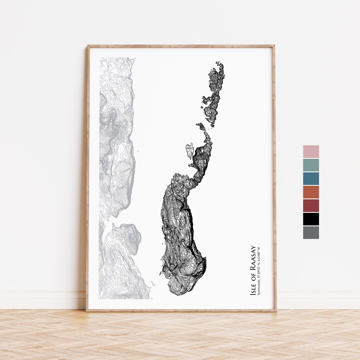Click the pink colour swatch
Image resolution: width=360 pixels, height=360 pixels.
(311, 152)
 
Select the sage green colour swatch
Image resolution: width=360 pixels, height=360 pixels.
(311, 165)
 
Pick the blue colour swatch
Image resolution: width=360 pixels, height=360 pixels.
(311, 179)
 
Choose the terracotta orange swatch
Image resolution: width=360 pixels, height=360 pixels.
(311, 192)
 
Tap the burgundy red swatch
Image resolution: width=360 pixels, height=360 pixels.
(311, 206)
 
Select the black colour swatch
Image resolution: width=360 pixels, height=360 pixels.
(311, 219)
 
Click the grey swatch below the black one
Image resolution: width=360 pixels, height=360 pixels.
(311, 232)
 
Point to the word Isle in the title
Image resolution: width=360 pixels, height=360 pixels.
(253, 290)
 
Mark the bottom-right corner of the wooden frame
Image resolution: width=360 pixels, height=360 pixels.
(275, 310)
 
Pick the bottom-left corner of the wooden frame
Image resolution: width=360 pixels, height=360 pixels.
(87, 310)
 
